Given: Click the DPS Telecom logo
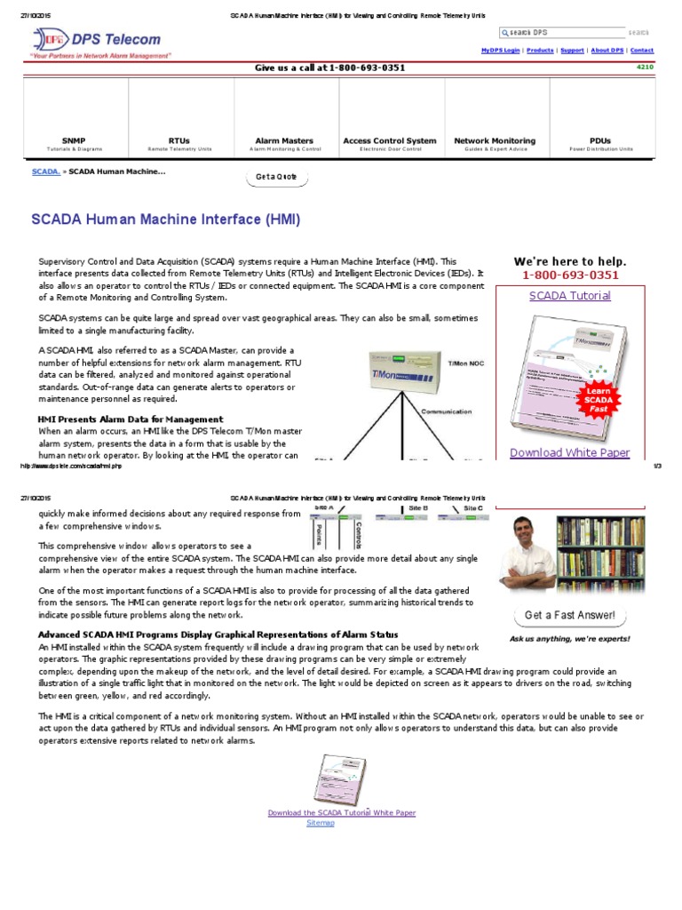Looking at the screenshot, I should click(98, 41).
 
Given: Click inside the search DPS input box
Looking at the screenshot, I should click(561, 32).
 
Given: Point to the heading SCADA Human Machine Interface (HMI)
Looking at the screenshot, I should click(166, 219).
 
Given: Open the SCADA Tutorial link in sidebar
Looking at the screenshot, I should click(569, 296).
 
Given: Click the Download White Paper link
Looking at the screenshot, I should click(569, 452).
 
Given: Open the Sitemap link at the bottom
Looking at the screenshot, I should click(321, 823).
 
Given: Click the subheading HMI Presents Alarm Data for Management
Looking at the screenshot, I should click(131, 419).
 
